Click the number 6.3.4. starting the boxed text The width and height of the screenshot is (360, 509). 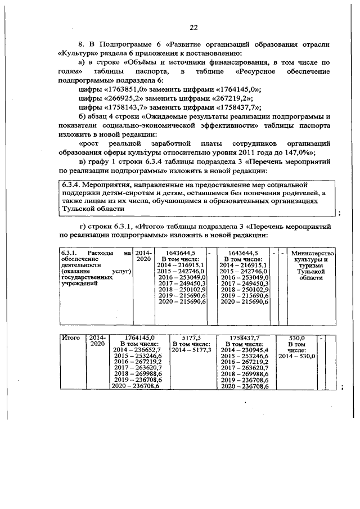coord(74,184)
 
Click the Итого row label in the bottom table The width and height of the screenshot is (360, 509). coord(70,337)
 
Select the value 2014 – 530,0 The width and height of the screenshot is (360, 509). coord(296,356)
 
